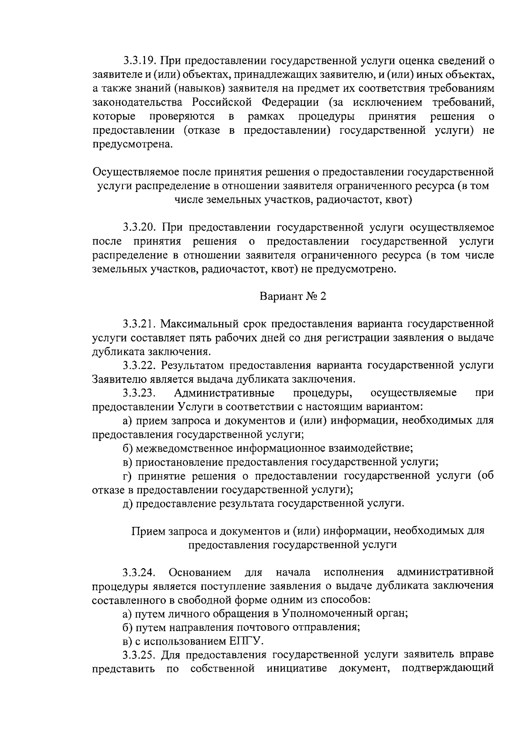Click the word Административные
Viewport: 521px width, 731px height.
point(224,393)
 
